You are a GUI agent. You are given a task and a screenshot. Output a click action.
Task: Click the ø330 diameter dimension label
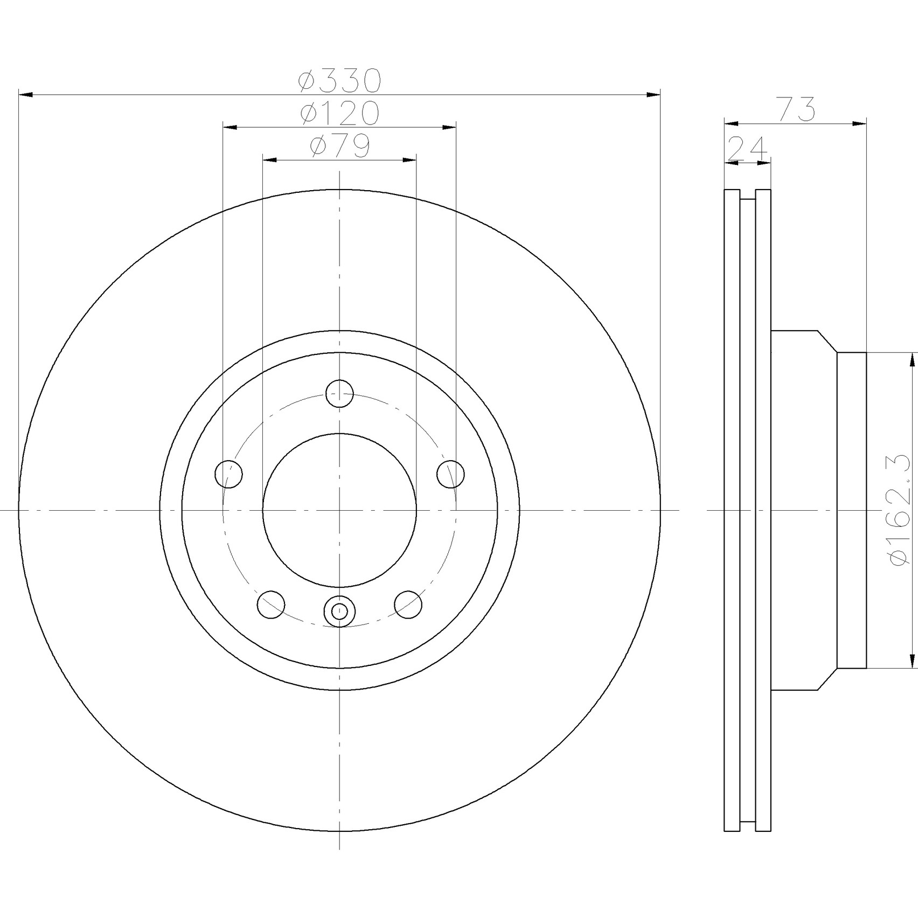(x=340, y=81)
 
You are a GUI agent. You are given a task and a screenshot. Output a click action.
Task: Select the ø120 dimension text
(x=340, y=113)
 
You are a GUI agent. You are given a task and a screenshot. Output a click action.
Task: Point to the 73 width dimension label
(x=795, y=109)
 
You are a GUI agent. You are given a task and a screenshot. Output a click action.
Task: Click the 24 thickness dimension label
(x=747, y=149)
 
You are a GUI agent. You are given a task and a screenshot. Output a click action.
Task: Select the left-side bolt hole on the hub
(x=228, y=474)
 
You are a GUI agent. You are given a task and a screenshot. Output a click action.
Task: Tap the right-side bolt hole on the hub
(x=450, y=474)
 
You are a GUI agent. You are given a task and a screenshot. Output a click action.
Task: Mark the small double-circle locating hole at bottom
(x=339, y=611)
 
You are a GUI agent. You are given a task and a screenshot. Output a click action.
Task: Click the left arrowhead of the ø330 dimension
(x=26, y=95)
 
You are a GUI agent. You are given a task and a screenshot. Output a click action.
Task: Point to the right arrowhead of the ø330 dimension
(x=653, y=95)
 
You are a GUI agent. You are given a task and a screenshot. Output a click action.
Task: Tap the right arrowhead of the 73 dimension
(x=859, y=124)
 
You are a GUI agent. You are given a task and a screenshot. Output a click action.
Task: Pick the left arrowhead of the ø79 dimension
(x=269, y=160)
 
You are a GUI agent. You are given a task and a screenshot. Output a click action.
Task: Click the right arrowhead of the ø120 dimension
(x=449, y=127)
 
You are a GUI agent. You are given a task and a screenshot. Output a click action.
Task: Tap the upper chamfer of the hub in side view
(x=827, y=341)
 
